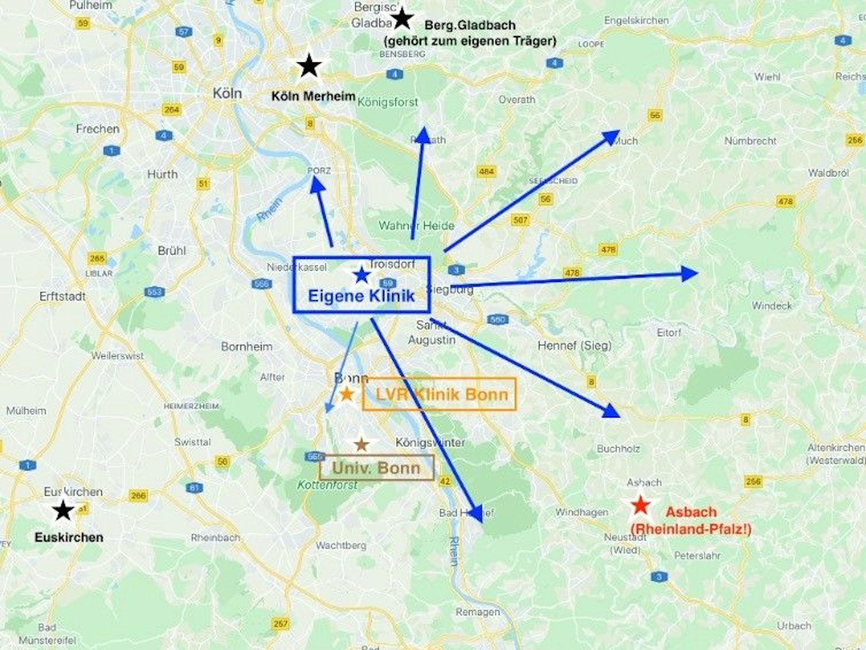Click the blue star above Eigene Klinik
click(x=362, y=275)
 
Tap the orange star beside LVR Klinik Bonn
click(x=346, y=394)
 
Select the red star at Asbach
click(x=640, y=505)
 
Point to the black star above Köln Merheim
click(x=309, y=66)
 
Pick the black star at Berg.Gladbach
click(x=402, y=18)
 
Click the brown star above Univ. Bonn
click(x=361, y=444)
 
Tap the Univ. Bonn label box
click(x=376, y=468)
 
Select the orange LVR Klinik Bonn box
click(x=439, y=394)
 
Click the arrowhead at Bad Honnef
click(x=476, y=514)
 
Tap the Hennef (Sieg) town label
click(x=574, y=346)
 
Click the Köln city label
click(x=227, y=93)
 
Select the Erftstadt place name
click(x=62, y=297)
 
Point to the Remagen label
click(x=477, y=612)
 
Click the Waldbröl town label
click(x=828, y=173)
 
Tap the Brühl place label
click(x=171, y=251)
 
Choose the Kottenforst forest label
click(x=327, y=485)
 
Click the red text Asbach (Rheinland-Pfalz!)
click(x=691, y=521)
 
